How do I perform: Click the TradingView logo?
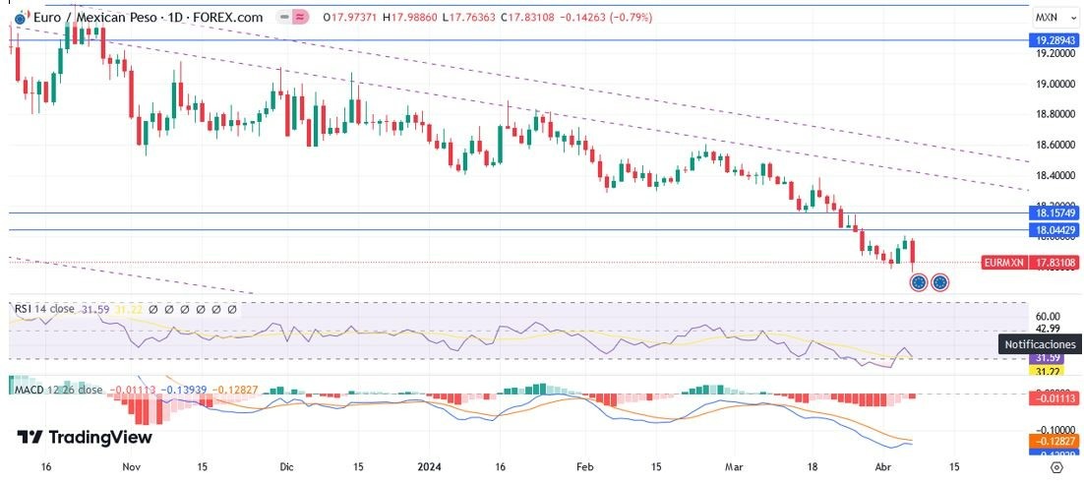[85, 438]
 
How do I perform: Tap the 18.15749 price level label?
[1053, 212]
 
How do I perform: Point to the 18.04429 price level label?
[1053, 230]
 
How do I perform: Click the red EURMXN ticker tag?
[1002, 263]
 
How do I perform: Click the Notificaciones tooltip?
[1040, 344]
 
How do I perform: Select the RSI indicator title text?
[44, 309]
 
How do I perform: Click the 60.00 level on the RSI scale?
[1047, 316]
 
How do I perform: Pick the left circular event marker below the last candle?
[919, 282]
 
